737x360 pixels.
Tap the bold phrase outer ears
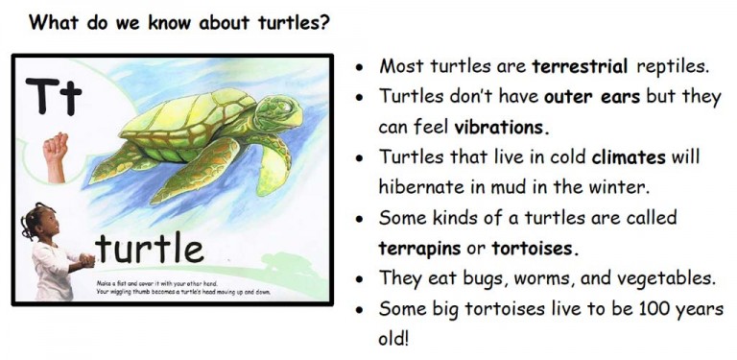tap(583, 97)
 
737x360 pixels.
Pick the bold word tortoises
tap(534, 248)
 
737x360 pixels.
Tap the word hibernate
tap(423, 187)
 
